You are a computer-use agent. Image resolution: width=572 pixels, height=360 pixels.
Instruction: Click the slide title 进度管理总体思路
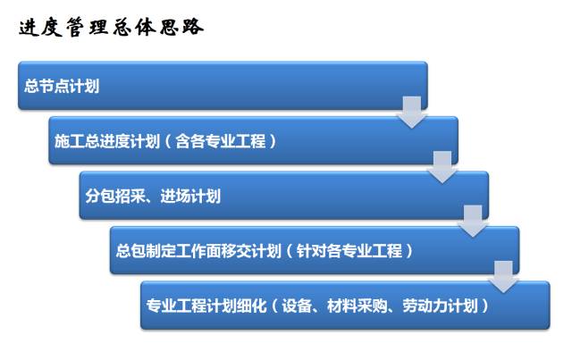112,27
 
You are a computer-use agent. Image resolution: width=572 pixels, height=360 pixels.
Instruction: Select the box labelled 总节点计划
222,86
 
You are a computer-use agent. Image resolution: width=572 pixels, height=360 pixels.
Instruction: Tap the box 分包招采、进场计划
283,196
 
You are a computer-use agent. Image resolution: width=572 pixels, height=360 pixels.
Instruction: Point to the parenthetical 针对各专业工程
349,251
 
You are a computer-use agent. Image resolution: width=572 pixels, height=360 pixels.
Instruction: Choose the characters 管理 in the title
88,27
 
